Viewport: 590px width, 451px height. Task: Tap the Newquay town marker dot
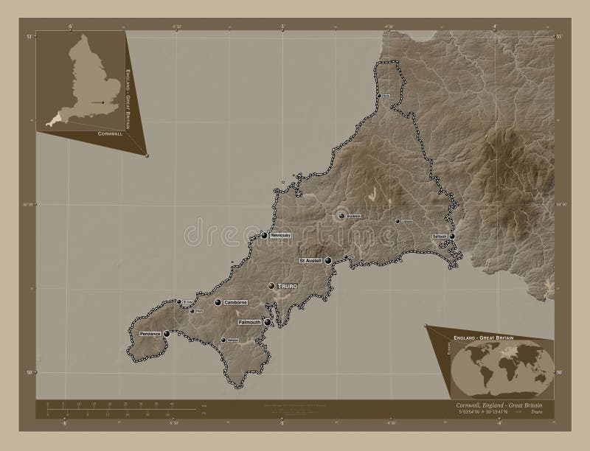(264, 236)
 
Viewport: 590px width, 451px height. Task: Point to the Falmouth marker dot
(268, 322)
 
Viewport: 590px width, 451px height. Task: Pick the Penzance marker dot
(167, 334)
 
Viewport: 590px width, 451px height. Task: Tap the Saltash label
(440, 237)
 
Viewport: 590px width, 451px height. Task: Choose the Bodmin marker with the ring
(341, 216)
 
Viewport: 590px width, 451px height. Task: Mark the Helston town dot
(223, 340)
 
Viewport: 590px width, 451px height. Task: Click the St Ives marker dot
(178, 301)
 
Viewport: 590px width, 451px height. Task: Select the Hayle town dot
(192, 311)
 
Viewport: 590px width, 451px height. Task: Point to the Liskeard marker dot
(398, 221)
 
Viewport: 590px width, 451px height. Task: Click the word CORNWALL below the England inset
(111, 135)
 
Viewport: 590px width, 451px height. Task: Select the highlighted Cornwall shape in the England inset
(55, 120)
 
